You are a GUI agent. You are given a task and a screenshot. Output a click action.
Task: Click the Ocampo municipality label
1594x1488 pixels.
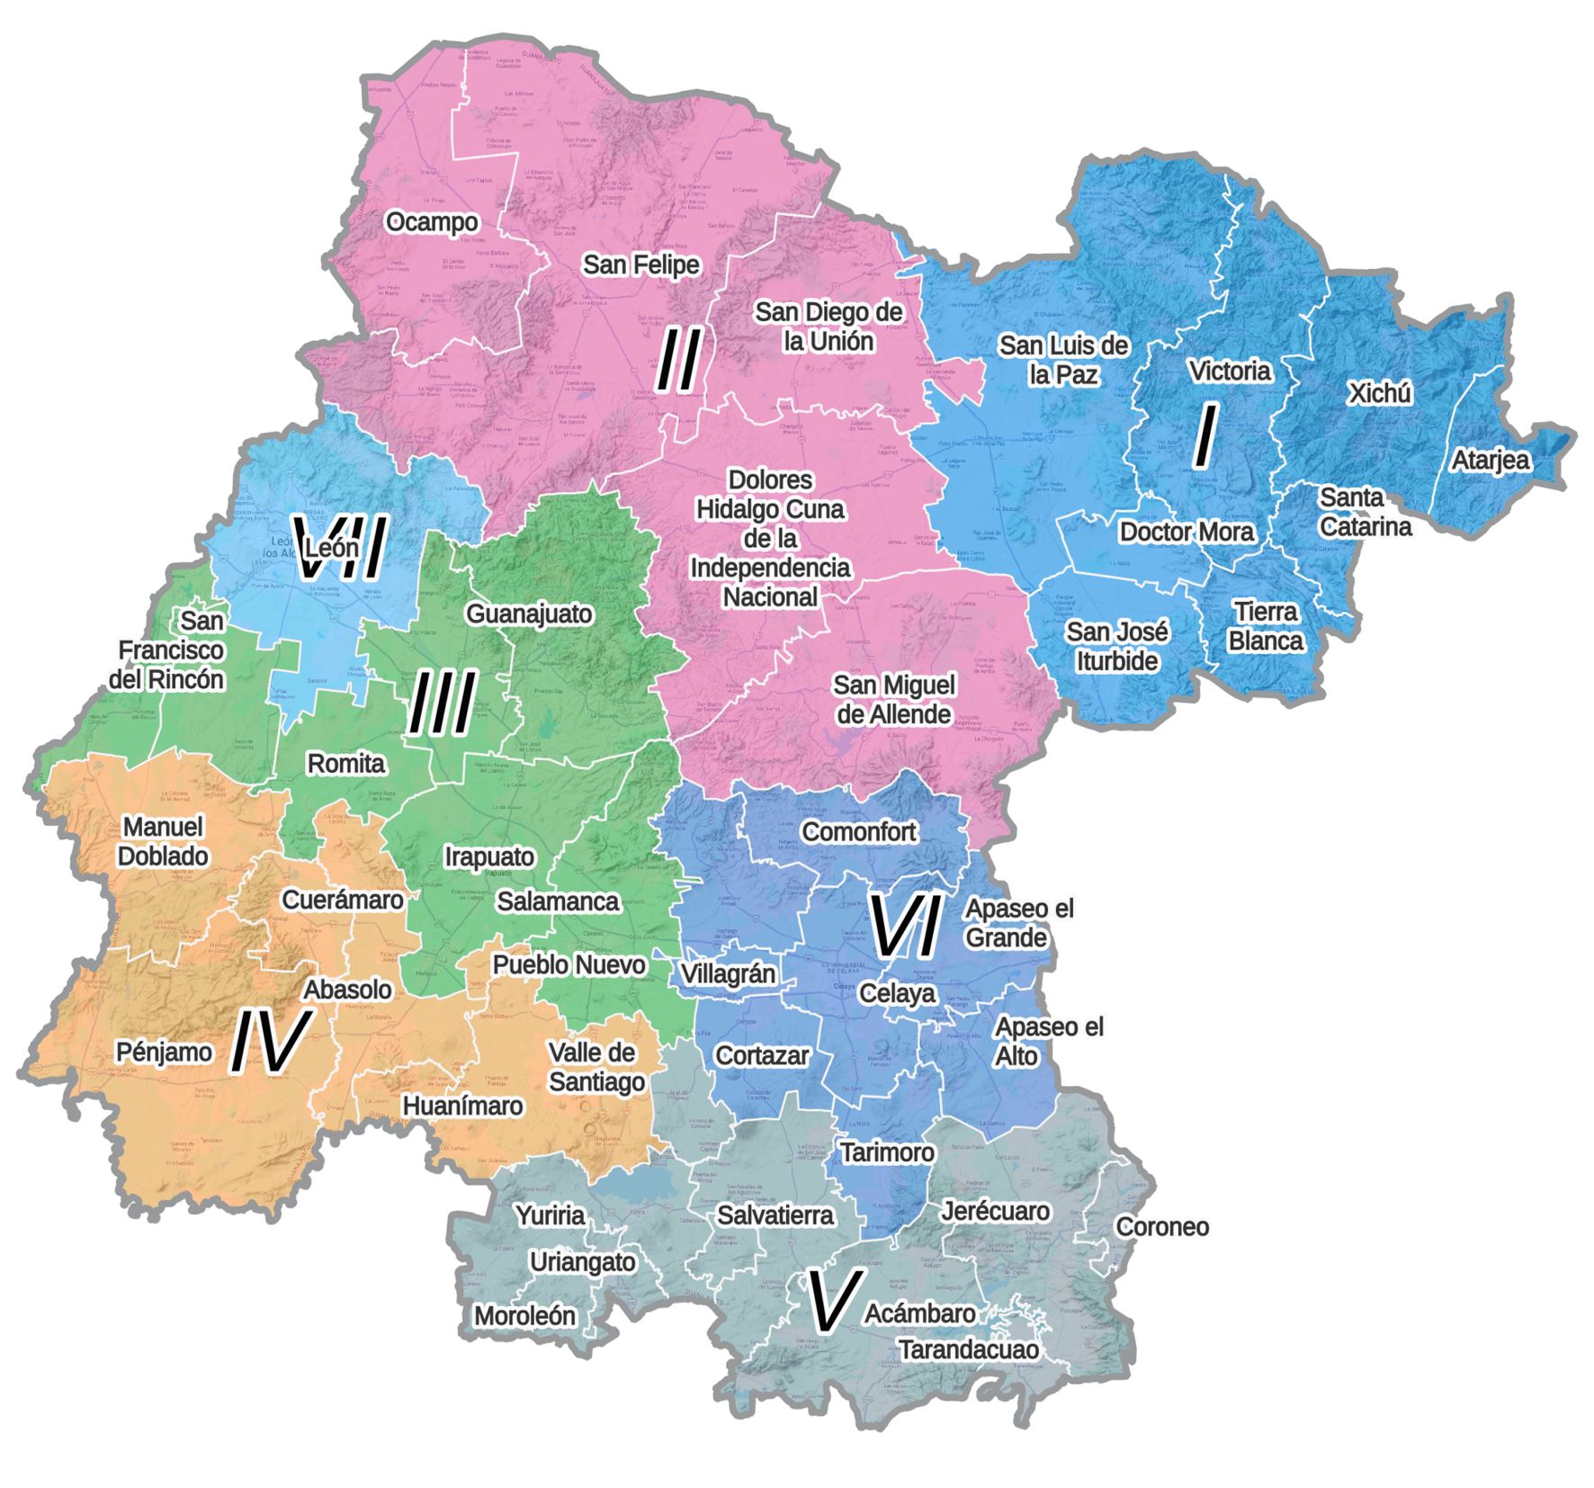click(432, 222)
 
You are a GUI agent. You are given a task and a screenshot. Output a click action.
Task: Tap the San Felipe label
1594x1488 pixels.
click(640, 264)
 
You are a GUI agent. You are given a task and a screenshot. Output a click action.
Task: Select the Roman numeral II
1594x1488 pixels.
click(678, 361)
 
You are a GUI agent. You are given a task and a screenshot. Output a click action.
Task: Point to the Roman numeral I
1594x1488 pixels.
click(1204, 436)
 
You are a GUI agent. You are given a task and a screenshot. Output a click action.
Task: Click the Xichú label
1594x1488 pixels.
click(1380, 393)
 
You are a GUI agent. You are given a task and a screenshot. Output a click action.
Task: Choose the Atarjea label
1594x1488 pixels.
click(1490, 461)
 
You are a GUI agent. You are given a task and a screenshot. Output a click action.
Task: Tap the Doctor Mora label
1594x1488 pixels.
click(1186, 532)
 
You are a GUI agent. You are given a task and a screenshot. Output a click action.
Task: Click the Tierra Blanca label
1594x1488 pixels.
click(1265, 626)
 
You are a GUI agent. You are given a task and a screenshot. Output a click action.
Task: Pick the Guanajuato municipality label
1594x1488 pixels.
click(529, 614)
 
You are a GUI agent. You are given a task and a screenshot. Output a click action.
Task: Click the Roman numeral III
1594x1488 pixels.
click(441, 704)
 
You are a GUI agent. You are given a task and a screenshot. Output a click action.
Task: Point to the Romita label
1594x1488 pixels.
click(346, 764)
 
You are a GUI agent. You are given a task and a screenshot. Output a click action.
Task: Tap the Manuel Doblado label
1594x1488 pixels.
click(163, 841)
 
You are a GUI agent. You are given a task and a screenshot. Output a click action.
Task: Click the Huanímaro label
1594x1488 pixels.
click(462, 1106)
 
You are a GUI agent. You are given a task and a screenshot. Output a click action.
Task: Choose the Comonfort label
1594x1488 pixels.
click(858, 832)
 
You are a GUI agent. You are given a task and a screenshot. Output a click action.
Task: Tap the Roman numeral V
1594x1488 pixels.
click(835, 1302)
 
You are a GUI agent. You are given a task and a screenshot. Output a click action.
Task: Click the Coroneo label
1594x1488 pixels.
click(1162, 1227)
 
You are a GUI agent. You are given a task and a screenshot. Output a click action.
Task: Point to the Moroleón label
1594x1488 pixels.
click(524, 1316)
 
